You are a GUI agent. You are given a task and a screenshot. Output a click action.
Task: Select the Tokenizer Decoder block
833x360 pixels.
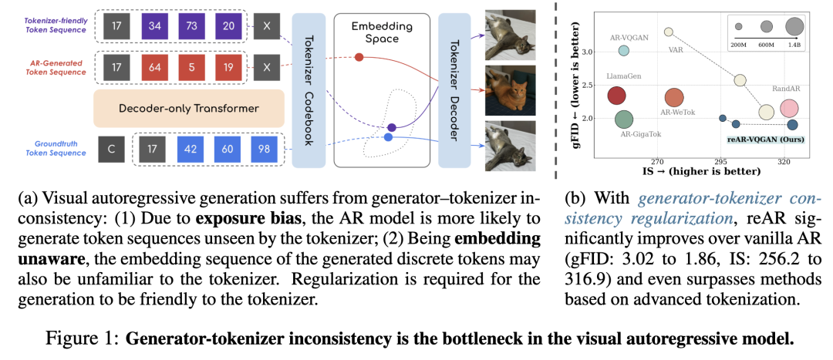(454, 89)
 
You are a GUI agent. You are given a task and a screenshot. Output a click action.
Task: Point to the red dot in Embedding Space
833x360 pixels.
(359, 57)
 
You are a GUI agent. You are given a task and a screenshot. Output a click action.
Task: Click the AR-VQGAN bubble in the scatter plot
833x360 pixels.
(624, 51)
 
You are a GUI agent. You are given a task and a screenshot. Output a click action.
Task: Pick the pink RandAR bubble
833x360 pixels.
(788, 109)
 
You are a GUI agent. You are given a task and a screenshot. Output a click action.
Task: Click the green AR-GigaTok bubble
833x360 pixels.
(623, 119)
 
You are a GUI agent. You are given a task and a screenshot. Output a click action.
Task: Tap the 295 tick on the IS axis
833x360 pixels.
(721, 162)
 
